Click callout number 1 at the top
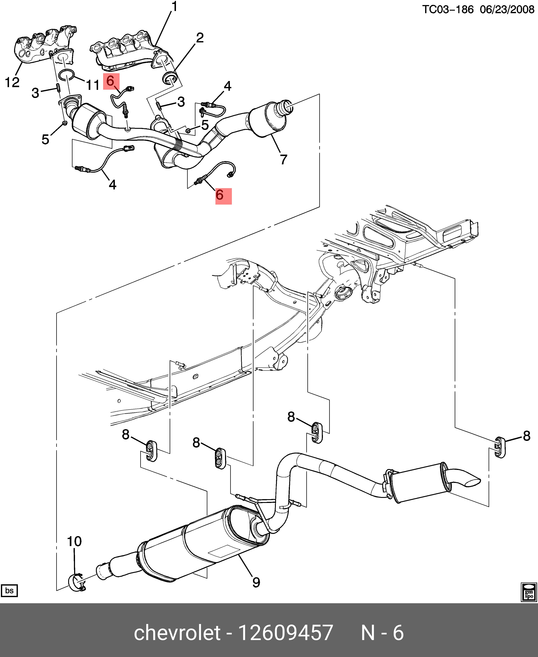175,7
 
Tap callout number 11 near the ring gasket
92,85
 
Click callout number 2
200,38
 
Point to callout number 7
283,159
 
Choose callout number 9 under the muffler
256,582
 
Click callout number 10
74,542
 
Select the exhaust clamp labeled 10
76,583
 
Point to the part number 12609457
285,632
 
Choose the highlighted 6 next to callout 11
111,81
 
